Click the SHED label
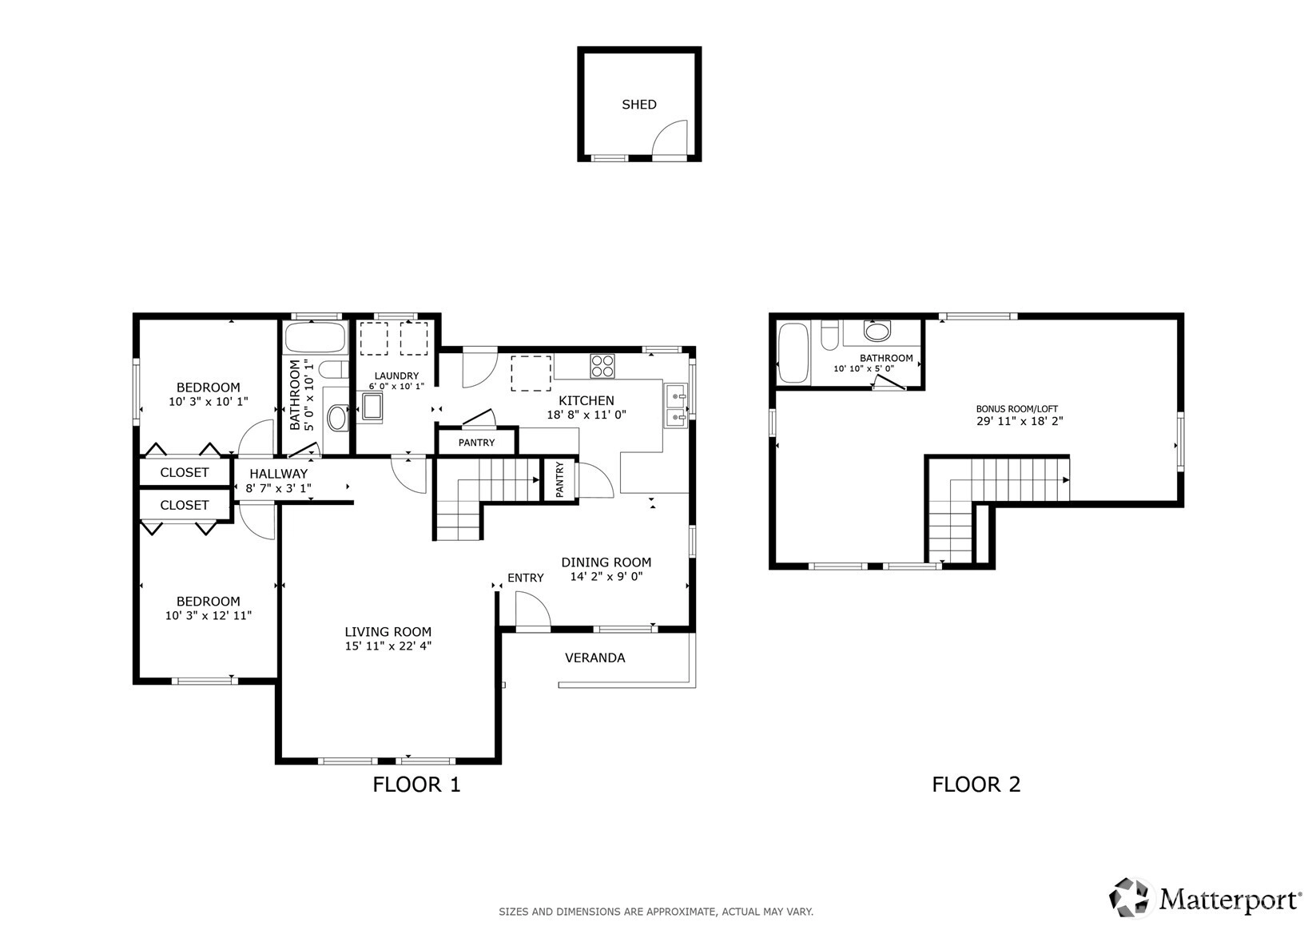pos(639,105)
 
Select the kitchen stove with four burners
pos(602,366)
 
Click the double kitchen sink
pos(676,405)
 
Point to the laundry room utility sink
pos(372,407)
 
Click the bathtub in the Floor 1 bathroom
pos(316,337)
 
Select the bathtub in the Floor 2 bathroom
pos(793,352)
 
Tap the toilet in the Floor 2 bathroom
pos(829,335)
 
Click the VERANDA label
pos(594,658)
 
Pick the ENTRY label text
pos(525,578)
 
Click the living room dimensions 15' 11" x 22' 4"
pos(388,646)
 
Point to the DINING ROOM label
pos(606,562)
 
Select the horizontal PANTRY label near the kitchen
pos(476,443)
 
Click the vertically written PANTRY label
pos(559,479)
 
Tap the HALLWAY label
pos(279,474)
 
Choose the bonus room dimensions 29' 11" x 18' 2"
pos(1020,421)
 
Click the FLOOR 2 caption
pos(976,785)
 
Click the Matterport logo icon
pos(1129,898)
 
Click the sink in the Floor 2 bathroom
pos(877,331)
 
